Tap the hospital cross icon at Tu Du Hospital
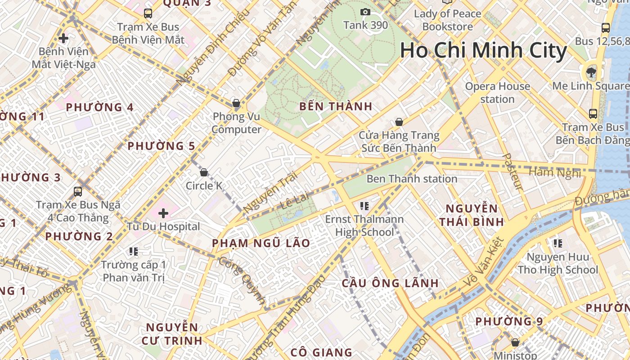click(x=163, y=212)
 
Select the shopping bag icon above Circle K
click(x=203, y=172)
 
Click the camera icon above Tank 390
click(x=365, y=12)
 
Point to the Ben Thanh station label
click(x=412, y=179)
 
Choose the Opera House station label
click(x=497, y=92)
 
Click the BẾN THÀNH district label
click(x=336, y=106)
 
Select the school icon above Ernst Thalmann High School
click(x=364, y=206)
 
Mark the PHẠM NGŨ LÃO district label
click(x=261, y=243)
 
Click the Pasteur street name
click(x=512, y=171)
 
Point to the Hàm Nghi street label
click(x=554, y=172)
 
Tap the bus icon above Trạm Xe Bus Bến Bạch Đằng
click(x=593, y=113)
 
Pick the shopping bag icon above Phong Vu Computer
click(x=236, y=103)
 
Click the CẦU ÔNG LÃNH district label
click(x=390, y=283)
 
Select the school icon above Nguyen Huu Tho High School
click(x=558, y=243)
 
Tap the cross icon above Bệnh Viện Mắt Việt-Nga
click(x=63, y=38)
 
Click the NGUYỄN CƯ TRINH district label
click(x=172, y=334)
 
